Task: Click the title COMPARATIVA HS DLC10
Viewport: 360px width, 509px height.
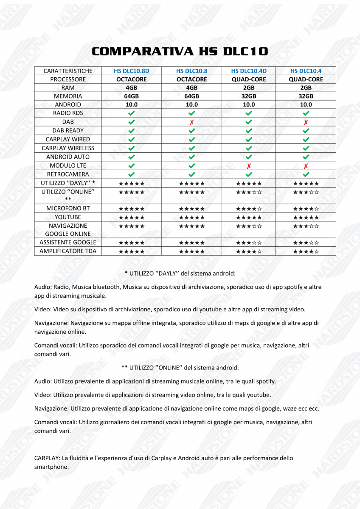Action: [180, 51]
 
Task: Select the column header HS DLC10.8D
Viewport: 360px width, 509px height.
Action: [131, 71]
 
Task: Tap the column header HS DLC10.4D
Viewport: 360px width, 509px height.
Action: [249, 71]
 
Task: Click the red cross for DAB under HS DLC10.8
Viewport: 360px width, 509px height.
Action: [192, 122]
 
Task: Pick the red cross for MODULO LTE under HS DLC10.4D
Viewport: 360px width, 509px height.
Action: [249, 166]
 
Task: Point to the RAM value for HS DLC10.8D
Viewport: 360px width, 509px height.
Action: [131, 88]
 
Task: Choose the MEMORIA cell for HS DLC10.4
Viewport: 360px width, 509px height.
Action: [306, 96]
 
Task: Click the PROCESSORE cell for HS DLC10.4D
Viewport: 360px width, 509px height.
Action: [249, 79]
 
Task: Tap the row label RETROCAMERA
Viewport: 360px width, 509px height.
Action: [68, 174]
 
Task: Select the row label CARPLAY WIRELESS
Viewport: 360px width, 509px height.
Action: [68, 148]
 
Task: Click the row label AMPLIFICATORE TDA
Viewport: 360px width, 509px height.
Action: [68, 251]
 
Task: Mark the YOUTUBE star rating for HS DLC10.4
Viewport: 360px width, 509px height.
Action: [306, 218]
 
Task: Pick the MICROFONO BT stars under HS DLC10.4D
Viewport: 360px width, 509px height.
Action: [249, 209]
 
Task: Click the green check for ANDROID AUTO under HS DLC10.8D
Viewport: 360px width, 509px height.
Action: [131, 157]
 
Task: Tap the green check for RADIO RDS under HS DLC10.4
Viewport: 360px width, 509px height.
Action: [306, 113]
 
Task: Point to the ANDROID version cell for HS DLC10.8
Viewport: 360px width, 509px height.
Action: [192, 104]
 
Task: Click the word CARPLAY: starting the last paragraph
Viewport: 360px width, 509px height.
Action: [47, 458]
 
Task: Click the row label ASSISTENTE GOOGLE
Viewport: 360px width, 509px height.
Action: [68, 242]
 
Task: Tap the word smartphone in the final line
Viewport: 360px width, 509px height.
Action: [51, 467]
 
